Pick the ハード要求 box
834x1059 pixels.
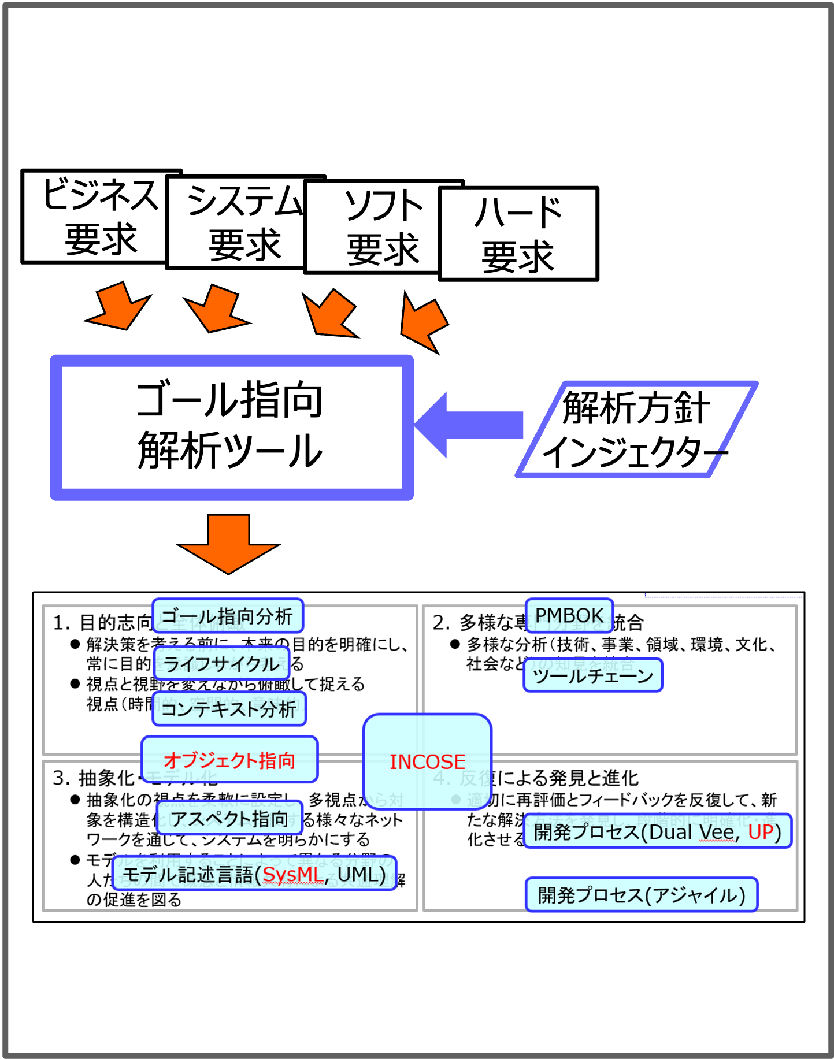tap(518, 234)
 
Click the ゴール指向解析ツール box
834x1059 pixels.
tap(231, 427)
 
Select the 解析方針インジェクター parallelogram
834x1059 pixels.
tap(636, 429)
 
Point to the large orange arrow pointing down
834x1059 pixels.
tap(229, 543)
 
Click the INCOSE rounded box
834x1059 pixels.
tap(427, 761)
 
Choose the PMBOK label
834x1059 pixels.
tap(569, 615)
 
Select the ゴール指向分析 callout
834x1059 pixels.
tap(227, 616)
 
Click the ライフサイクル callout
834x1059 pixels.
tap(221, 664)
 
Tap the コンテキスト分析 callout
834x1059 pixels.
tap(229, 709)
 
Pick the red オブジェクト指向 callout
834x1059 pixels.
tap(229, 760)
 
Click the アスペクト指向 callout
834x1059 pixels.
tap(229, 818)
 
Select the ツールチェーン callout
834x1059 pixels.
tap(592, 675)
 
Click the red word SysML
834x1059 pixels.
tap(293, 874)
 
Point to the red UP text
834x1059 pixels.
tap(761, 831)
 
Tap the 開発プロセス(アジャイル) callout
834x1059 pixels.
tap(641, 895)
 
